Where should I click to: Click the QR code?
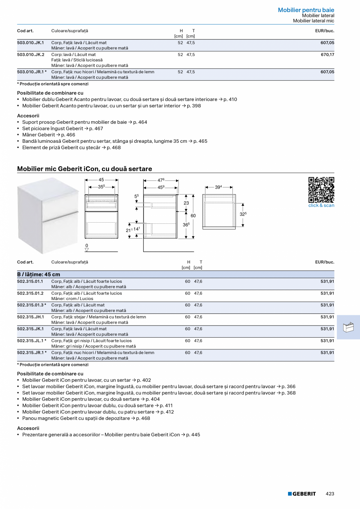pyautogui.click(x=321, y=190)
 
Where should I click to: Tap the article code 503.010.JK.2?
pyautogui.click(x=31, y=55)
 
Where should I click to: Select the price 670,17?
pyautogui.click(x=327, y=55)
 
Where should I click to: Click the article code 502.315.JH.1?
pyautogui.click(x=31, y=317)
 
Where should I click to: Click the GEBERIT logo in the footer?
pyautogui.click(x=302, y=494)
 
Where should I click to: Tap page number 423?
pyautogui.click(x=330, y=494)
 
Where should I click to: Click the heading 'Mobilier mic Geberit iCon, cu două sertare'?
pyautogui.click(x=85, y=169)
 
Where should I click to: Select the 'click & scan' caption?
pyautogui.click(x=321, y=205)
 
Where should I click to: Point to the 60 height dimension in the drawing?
pyautogui.click(x=193, y=216)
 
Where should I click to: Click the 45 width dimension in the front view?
pyautogui.click(x=101, y=180)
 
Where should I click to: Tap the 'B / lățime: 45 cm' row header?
pyautogui.click(x=39, y=274)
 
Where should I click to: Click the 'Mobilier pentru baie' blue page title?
pyautogui.click(x=306, y=10)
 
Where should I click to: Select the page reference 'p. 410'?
pyautogui.click(x=230, y=99)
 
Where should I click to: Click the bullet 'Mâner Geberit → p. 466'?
pyautogui.click(x=49, y=135)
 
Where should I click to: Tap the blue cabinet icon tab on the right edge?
pyautogui.click(x=348, y=327)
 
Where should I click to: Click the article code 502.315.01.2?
pyautogui.click(x=31, y=293)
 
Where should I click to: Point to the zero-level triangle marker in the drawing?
pyautogui.click(x=87, y=250)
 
